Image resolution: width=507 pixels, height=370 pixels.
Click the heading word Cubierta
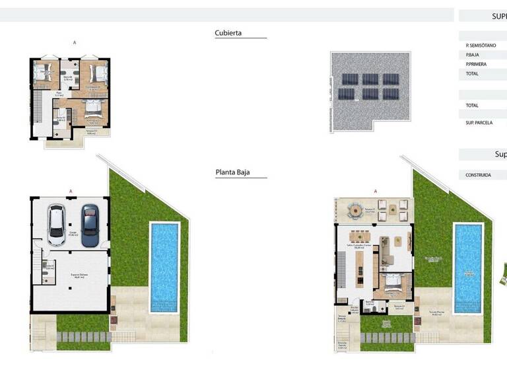(228, 33)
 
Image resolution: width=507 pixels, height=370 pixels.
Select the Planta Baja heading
(232, 173)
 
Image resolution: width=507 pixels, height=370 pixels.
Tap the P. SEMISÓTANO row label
(481, 46)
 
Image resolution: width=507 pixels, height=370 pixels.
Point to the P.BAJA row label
(472, 55)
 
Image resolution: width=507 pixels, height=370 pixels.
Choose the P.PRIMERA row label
(476, 65)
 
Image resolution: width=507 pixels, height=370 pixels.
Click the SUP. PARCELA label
(479, 123)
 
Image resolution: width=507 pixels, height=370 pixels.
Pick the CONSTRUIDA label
(478, 176)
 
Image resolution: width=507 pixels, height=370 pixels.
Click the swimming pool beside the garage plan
(164, 267)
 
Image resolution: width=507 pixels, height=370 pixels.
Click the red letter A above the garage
(70, 192)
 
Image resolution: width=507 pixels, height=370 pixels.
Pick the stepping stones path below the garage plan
(83, 337)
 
